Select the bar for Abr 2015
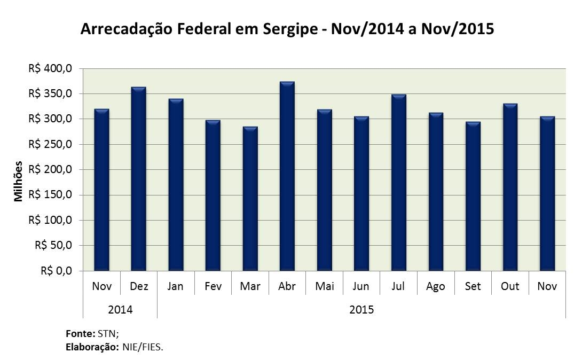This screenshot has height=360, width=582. point(287,176)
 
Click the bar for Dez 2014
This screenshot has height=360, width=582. point(139,179)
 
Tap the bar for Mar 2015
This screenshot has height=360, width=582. point(250,199)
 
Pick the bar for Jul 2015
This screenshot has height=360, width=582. point(399,183)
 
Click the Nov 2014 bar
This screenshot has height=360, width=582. point(101,190)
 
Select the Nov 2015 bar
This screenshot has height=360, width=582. point(547,193)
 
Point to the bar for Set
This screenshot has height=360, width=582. point(473,196)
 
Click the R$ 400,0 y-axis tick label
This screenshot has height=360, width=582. point(50,69)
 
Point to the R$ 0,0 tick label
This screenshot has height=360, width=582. point(57,271)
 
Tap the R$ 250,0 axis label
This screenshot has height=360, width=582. point(50,144)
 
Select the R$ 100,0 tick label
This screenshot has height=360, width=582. point(50,220)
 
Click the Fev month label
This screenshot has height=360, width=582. point(213,286)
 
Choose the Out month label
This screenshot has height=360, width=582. point(510,286)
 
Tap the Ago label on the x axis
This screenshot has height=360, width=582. point(436,286)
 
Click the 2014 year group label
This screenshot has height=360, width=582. point(120,310)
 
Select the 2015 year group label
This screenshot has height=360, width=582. point(361,310)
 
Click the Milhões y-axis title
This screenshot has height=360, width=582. point(18,182)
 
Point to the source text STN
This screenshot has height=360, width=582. point(108,334)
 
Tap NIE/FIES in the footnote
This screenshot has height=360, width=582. point(143,347)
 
